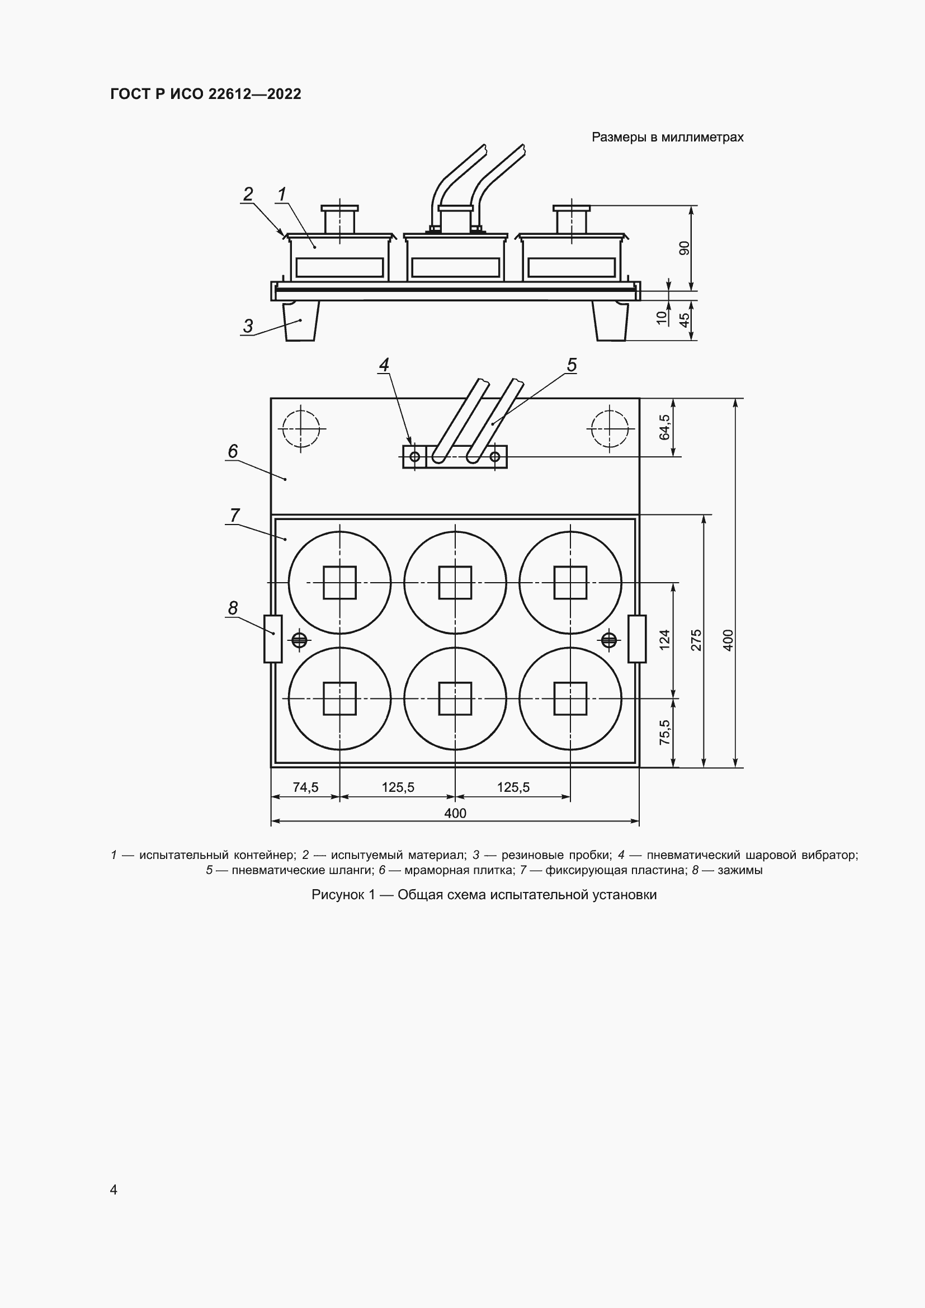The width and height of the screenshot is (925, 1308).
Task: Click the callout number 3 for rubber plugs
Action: tap(248, 327)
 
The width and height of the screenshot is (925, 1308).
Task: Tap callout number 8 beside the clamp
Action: tap(233, 608)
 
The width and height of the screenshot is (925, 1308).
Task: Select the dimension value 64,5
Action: tap(665, 427)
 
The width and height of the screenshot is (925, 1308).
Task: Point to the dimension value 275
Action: tap(697, 640)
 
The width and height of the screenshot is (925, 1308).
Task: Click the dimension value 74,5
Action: tap(306, 787)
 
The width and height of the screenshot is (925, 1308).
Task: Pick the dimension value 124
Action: tap(665, 640)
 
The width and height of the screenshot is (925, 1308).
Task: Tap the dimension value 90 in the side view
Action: tap(685, 248)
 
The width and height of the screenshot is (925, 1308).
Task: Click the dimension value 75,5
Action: tap(665, 733)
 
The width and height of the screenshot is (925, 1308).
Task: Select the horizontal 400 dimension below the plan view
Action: tap(455, 813)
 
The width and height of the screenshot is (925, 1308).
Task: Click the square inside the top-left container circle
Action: tap(339, 582)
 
